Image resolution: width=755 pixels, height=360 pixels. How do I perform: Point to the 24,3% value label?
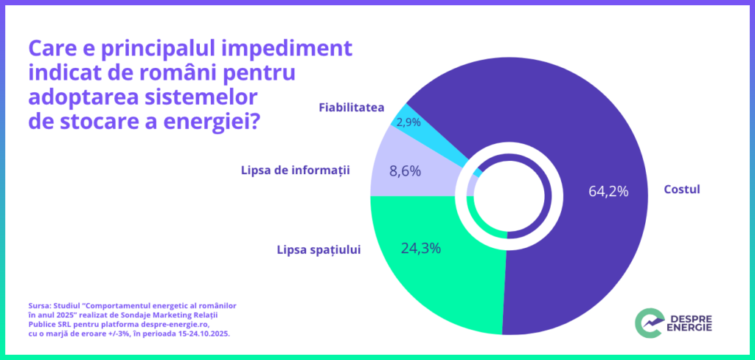tap(420, 248)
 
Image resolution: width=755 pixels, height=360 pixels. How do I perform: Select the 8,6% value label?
tap(405, 171)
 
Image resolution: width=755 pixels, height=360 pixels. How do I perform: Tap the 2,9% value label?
tap(408, 122)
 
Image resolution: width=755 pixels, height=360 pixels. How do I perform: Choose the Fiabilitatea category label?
tap(351, 108)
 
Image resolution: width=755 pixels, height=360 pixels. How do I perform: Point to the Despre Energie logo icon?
tap(648, 322)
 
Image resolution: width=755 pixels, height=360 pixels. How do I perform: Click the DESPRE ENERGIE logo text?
tap(691, 322)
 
